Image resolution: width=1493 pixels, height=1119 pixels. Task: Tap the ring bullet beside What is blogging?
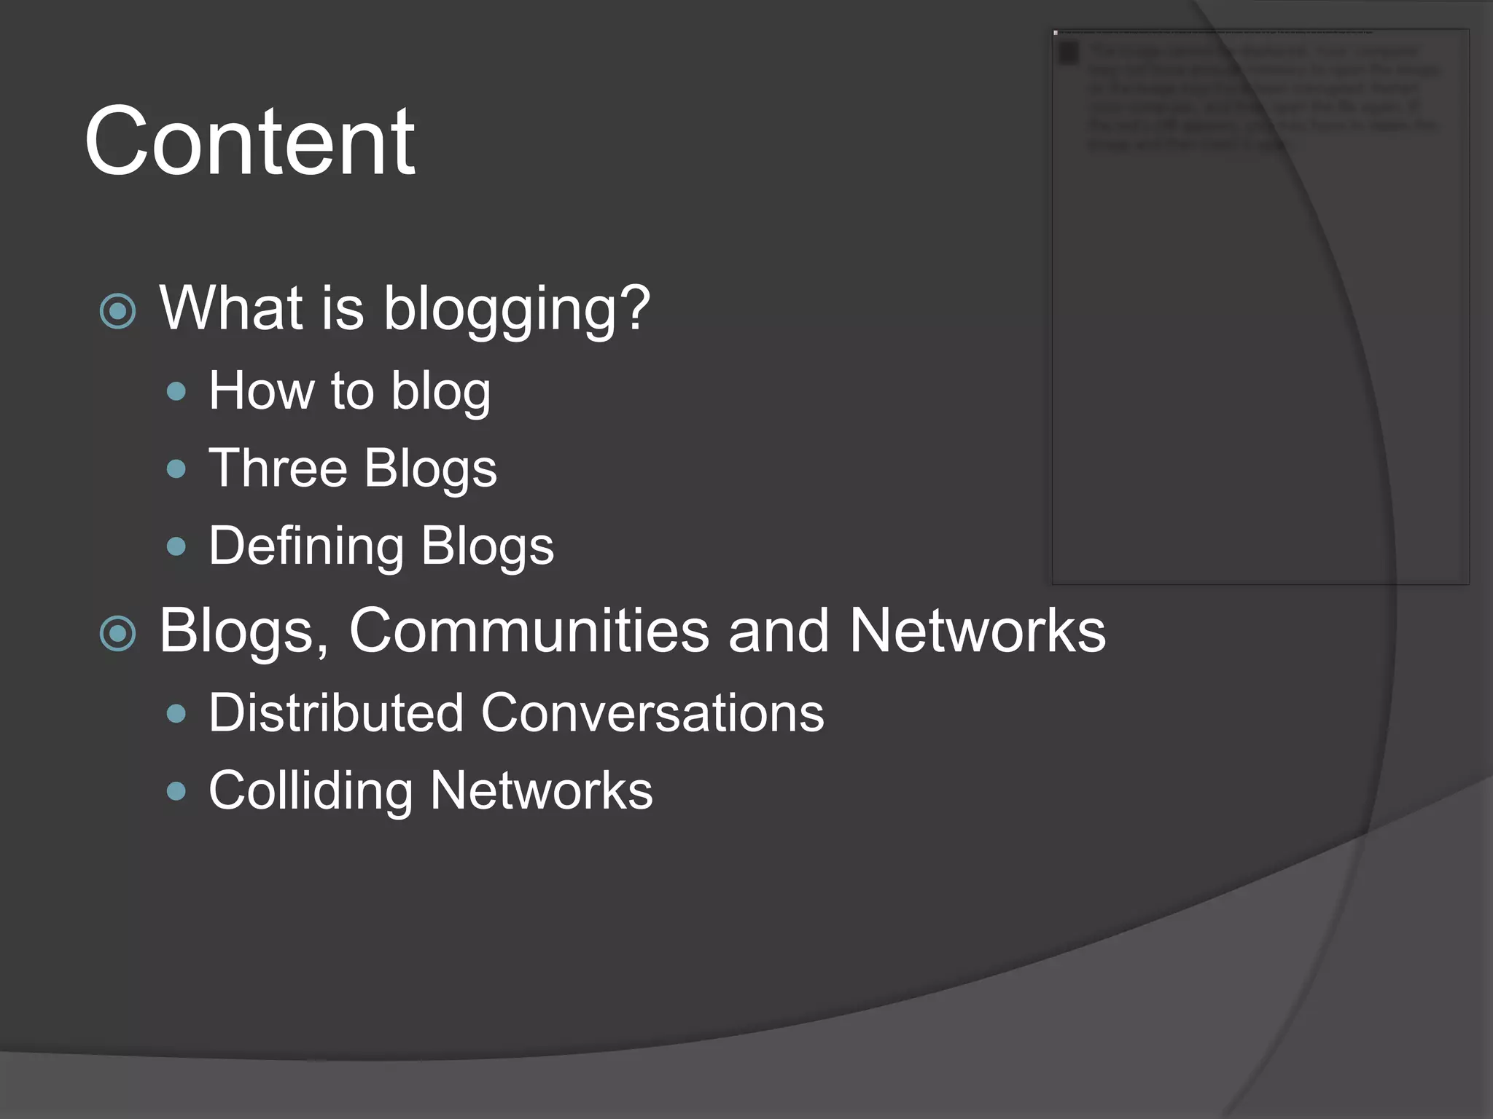tap(117, 312)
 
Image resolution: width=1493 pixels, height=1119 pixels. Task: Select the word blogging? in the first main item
tap(516, 309)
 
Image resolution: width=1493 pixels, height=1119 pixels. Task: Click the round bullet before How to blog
tap(176, 393)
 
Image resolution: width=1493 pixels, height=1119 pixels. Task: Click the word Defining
tap(306, 546)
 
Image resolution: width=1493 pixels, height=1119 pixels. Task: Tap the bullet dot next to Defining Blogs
tap(176, 546)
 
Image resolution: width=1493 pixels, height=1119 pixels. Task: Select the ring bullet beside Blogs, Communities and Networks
tap(117, 633)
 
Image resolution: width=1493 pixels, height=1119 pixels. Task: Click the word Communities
tap(529, 630)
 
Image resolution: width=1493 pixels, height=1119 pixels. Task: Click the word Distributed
tap(336, 712)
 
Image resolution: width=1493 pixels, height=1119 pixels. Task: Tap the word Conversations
tap(652, 712)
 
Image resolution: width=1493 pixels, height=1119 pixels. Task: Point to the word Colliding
tap(311, 791)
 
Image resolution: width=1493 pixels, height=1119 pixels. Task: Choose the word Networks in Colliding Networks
tap(541, 791)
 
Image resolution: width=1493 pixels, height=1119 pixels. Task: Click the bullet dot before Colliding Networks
tap(176, 791)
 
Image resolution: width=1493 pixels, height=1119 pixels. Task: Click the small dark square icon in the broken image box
tap(1069, 53)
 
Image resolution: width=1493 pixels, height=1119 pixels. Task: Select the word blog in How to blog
tap(440, 393)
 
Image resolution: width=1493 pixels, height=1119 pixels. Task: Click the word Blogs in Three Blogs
tap(430, 469)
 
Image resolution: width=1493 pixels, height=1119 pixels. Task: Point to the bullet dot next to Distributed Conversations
tap(176, 713)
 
